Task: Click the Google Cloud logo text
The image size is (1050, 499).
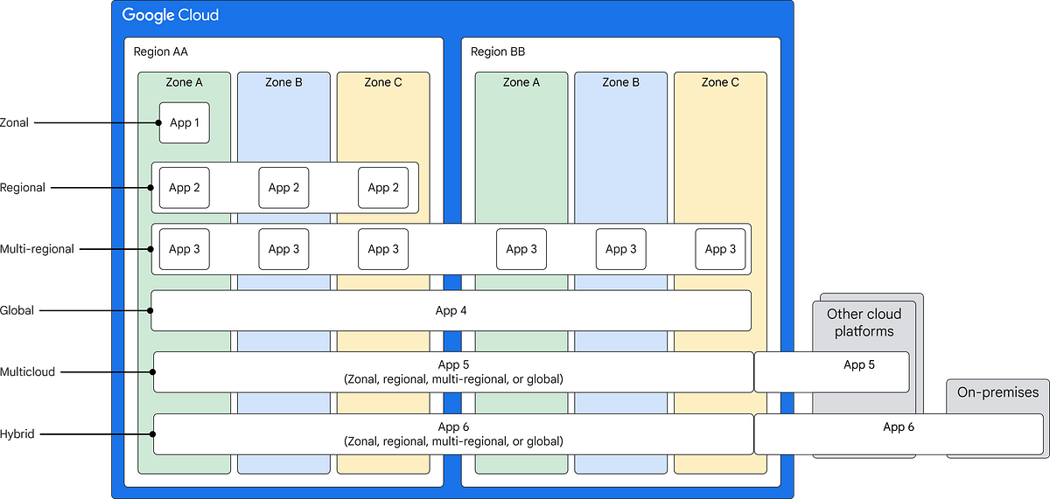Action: [171, 15]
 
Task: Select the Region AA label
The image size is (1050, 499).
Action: [160, 52]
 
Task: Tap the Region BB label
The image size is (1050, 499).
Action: [498, 52]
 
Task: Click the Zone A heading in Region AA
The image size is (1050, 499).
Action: [184, 82]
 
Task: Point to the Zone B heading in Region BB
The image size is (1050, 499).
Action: [621, 82]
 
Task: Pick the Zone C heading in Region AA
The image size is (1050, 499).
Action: [383, 82]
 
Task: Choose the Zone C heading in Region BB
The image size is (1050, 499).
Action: [720, 82]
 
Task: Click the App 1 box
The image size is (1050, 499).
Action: [185, 122]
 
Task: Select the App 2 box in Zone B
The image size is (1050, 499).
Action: [284, 187]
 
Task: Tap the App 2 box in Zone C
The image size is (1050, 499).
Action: [383, 187]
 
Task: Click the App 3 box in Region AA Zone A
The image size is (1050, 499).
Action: [185, 249]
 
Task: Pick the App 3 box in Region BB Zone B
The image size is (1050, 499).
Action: [621, 249]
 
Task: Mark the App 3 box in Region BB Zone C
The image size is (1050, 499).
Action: [721, 249]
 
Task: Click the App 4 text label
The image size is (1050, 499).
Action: [451, 310]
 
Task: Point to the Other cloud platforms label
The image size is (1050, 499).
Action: [864, 322]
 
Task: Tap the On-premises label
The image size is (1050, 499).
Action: [997, 392]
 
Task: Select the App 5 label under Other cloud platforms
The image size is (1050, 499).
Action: [859, 364]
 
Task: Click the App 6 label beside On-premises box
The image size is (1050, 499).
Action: [899, 426]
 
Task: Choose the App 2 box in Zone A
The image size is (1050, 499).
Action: [185, 187]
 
